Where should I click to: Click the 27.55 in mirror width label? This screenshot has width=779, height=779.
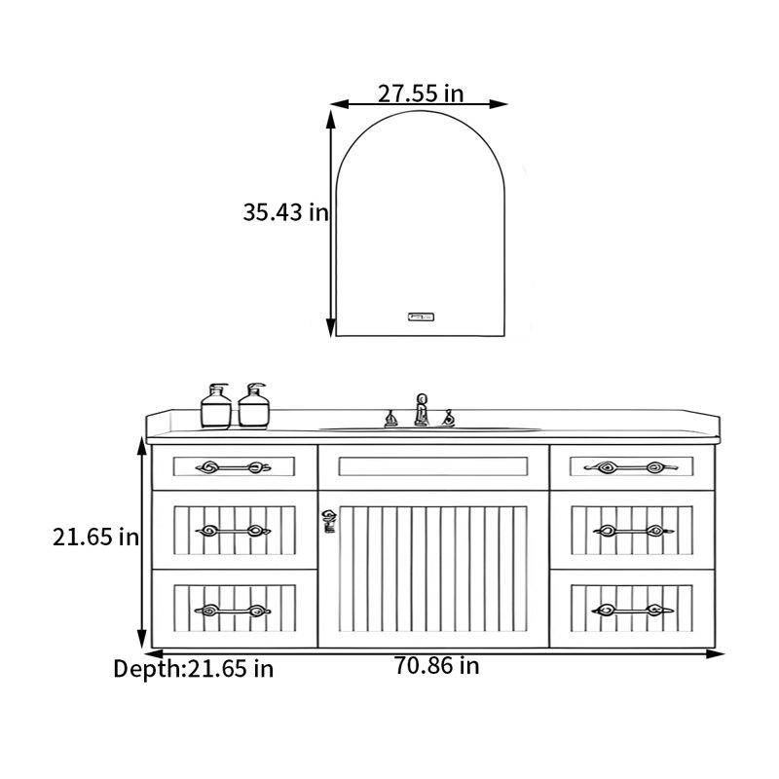point(421,93)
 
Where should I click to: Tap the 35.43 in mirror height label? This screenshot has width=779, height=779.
point(285,212)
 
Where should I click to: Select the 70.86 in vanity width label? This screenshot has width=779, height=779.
point(436,665)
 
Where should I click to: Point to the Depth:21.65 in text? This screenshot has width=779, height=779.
point(193,669)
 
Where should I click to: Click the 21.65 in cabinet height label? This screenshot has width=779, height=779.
point(95,538)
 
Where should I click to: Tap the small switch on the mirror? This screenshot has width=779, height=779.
point(421,316)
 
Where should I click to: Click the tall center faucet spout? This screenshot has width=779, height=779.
point(422,410)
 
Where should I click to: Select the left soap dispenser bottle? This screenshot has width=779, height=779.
point(216,406)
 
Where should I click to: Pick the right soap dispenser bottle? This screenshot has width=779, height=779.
point(253,405)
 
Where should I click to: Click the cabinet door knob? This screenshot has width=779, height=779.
point(328,521)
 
